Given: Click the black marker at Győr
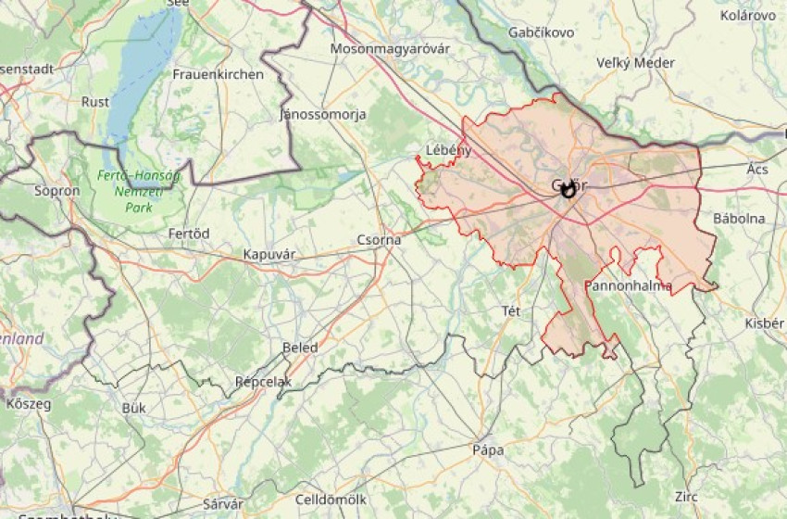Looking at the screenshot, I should (568, 189).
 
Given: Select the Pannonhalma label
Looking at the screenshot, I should (629, 285).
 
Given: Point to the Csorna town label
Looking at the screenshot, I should (380, 240).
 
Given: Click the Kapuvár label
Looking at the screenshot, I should (269, 254).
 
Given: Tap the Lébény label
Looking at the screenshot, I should (449, 150).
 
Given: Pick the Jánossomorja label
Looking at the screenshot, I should (323, 115).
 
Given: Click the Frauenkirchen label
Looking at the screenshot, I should (218, 74).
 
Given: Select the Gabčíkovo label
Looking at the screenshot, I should (542, 32).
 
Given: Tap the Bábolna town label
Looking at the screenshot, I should (739, 219).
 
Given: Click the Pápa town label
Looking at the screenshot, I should (488, 450).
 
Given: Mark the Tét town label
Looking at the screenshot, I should (511, 310).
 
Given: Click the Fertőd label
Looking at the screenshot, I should (189, 233).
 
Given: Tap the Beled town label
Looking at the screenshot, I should (300, 348).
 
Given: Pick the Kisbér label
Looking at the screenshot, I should (765, 323).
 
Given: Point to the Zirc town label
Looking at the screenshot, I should (686, 497).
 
